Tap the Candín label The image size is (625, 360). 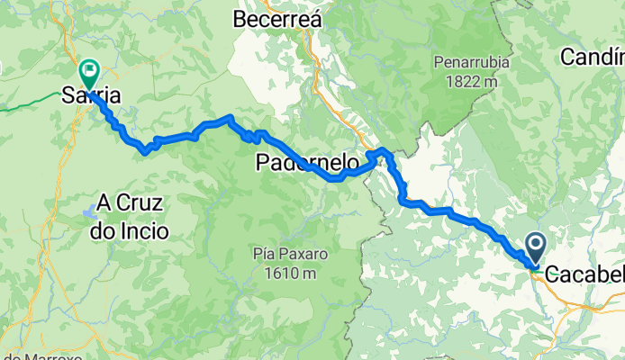pos(593,57)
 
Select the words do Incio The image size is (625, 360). pos(129,230)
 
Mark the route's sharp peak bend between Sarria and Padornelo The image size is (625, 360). pos(231,118)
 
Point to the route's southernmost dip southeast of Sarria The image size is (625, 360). pos(145,151)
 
